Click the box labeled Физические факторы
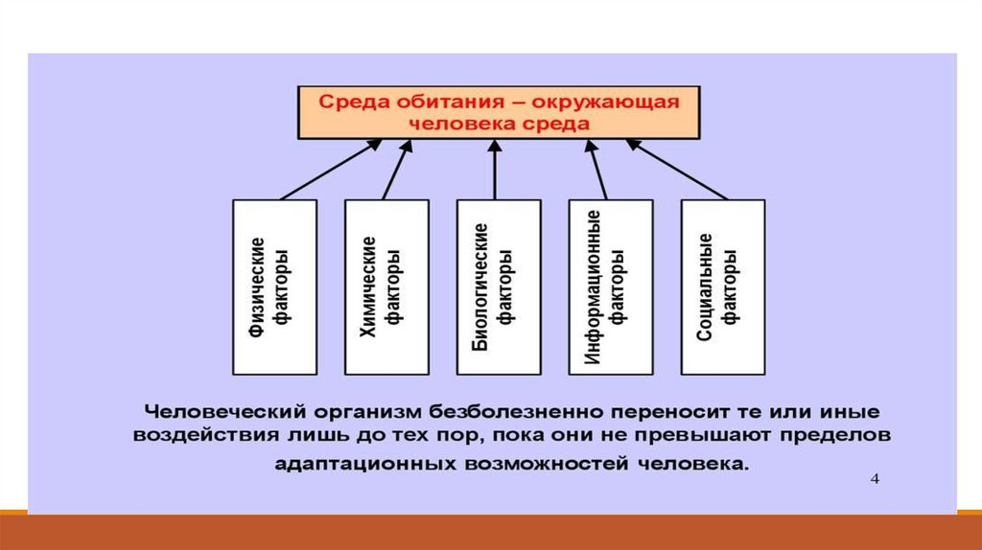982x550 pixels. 274,286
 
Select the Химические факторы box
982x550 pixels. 386,286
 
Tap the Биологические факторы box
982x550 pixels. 499,286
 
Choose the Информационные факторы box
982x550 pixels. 611,286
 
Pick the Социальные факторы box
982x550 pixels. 723,286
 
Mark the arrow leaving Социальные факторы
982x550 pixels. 677,170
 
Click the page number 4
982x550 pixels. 875,478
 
